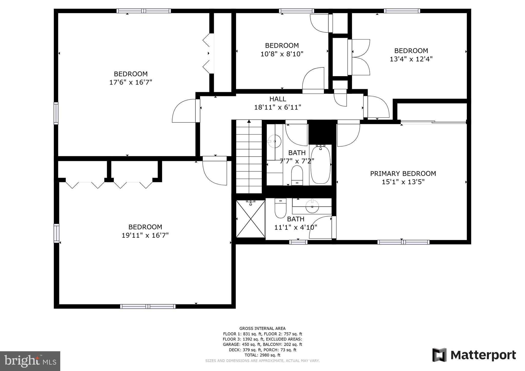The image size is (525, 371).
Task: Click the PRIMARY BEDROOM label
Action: pos(403,173)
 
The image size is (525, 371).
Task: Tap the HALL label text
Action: pos(278,99)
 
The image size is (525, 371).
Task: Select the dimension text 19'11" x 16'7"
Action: pos(145,235)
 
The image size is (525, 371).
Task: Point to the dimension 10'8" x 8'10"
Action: pos(282,54)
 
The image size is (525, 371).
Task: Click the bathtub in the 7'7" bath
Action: pos(320,164)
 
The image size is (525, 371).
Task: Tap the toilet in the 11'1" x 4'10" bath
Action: pos(280,208)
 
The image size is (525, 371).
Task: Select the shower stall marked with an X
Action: pos(250,219)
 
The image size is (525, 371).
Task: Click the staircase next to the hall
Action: pos(249,157)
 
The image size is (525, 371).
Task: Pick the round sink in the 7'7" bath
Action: pos(275,141)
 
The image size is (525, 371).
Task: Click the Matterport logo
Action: pos(474,355)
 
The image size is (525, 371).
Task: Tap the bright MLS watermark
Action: pos(30,361)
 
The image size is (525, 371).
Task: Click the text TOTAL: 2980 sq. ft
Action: pos(262,355)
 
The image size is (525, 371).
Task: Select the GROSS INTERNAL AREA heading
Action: pos(262,328)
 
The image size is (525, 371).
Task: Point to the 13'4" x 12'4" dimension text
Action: pos(411,59)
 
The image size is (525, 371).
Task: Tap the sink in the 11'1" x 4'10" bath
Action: pos(312,206)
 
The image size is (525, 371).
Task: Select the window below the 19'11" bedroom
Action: pos(148,306)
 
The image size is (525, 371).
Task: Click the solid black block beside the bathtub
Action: pos(322,132)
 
